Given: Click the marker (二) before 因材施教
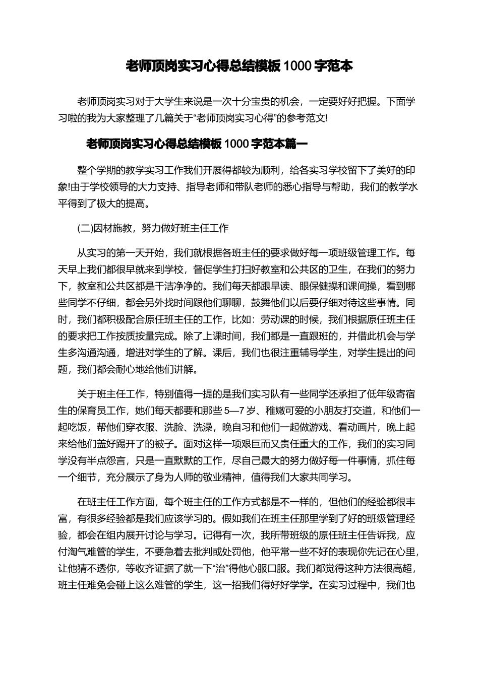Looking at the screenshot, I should [84, 228].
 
